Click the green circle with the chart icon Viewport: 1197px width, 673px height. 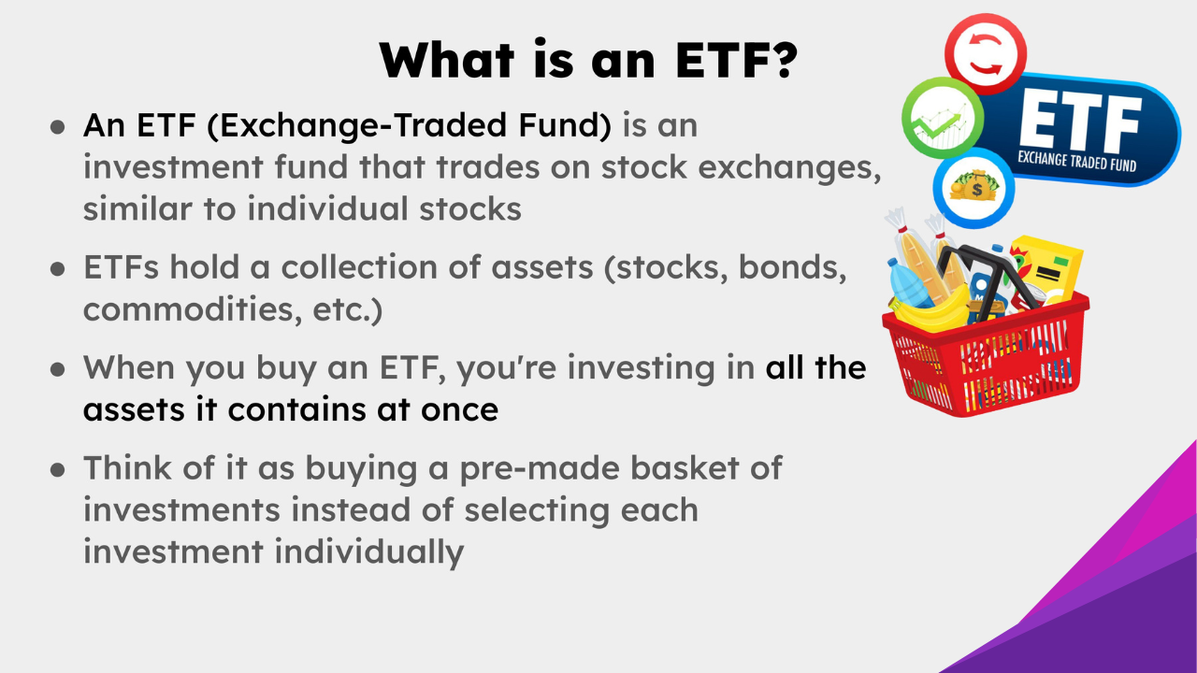[x=942, y=122]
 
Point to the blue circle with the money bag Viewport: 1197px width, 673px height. [x=973, y=187]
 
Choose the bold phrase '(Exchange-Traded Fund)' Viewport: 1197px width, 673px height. [x=410, y=125]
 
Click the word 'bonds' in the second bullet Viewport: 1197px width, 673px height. [x=792, y=267]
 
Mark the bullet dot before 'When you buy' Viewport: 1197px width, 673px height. [x=58, y=369]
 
